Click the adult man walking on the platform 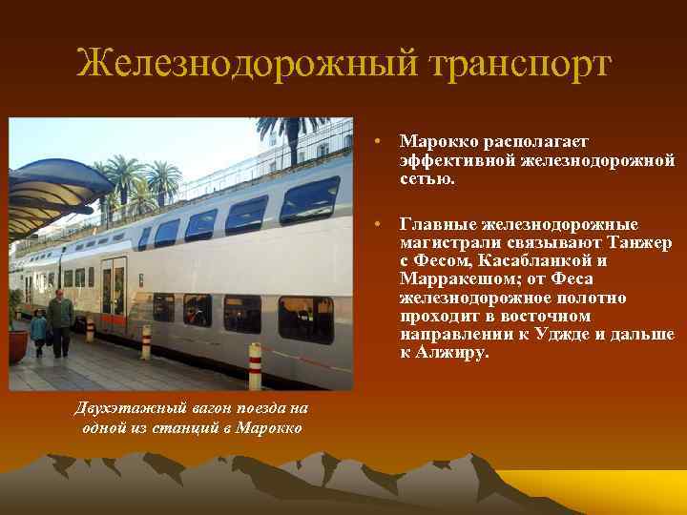click(x=61, y=319)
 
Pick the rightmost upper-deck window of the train click(x=309, y=199)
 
